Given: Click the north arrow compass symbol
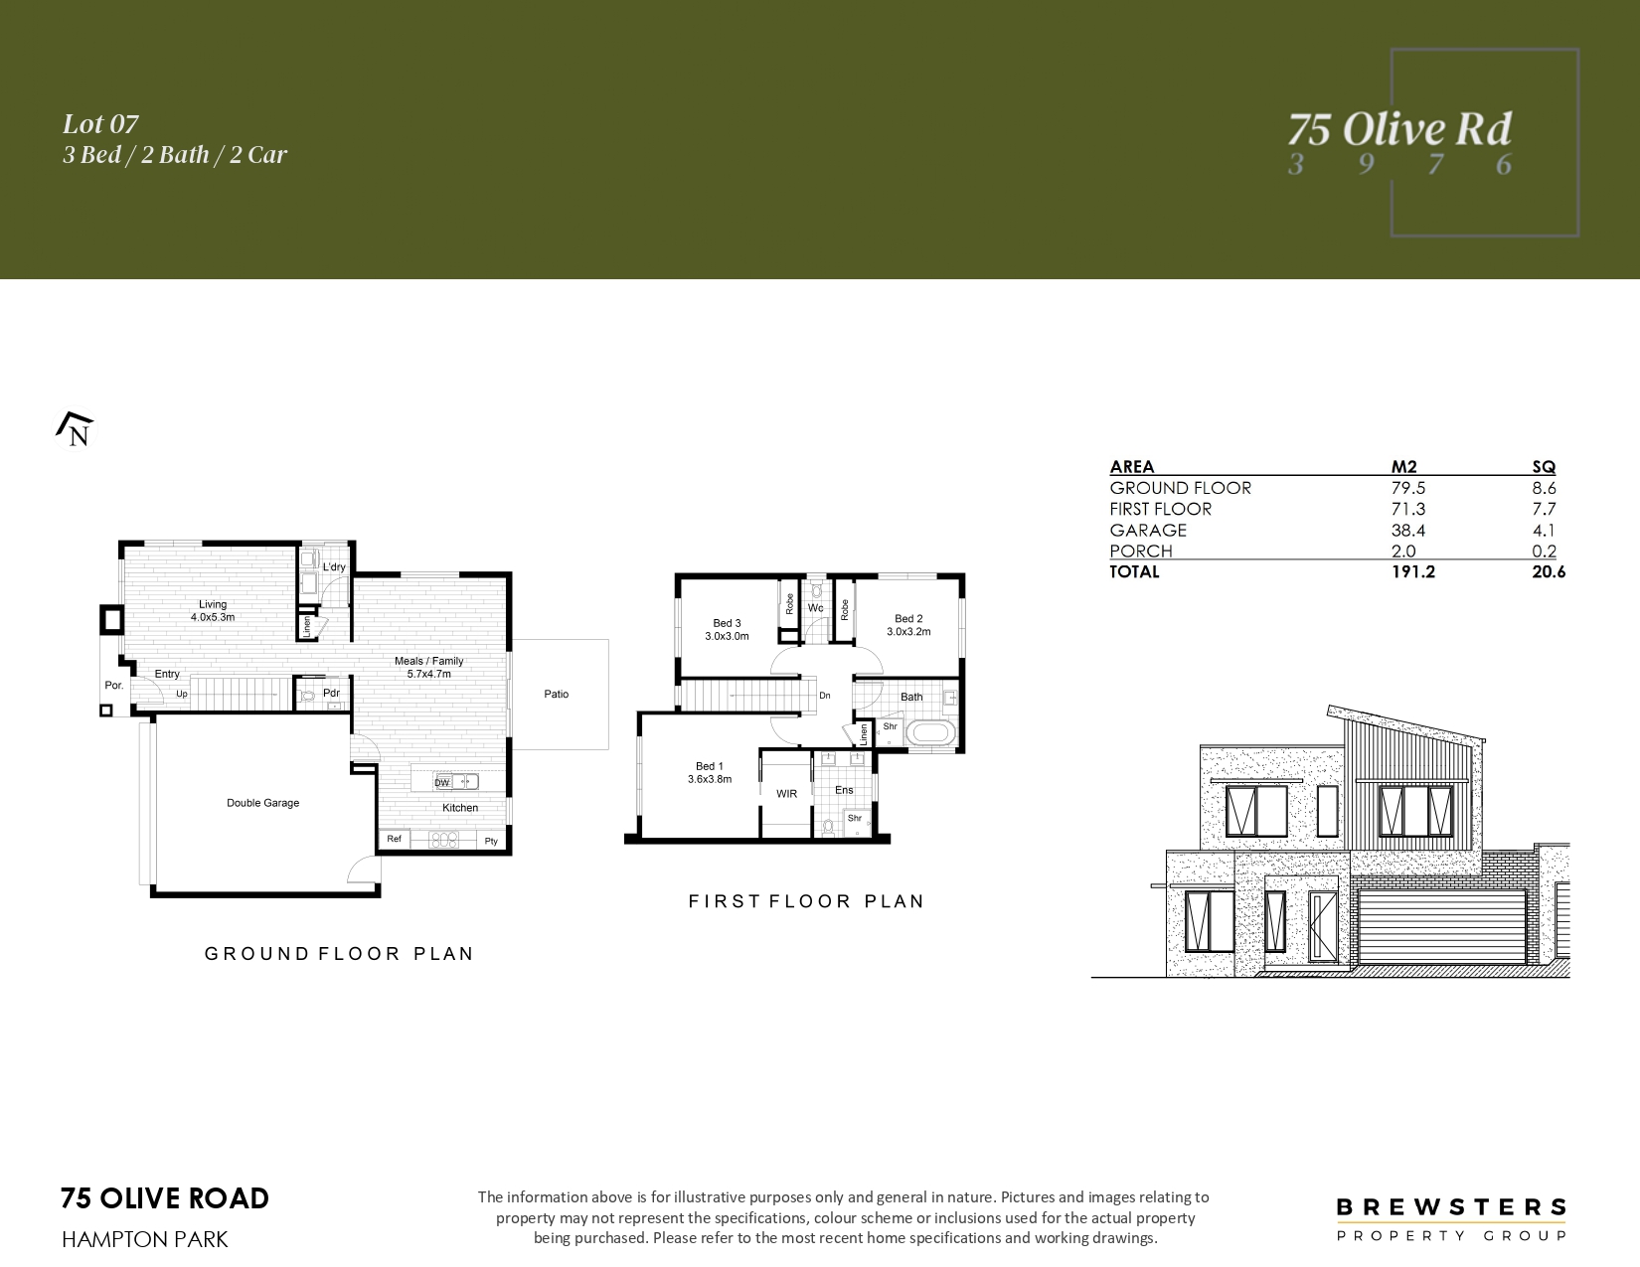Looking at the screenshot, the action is tap(76, 428).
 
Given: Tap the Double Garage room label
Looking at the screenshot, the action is tap(262, 803).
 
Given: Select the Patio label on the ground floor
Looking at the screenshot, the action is tap(557, 695).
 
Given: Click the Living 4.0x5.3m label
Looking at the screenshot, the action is tap(213, 610).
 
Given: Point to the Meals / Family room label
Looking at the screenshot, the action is tap(428, 667).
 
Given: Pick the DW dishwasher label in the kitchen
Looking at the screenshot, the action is tap(442, 782).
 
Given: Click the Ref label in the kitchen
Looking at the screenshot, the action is tap(394, 839).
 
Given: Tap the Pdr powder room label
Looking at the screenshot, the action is tap(331, 693).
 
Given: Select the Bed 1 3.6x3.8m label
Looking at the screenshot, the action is tap(710, 773).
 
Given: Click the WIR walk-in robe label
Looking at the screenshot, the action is tap(787, 794).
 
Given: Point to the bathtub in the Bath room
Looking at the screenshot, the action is tap(929, 732).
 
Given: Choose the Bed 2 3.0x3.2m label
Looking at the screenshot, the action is tap(908, 625).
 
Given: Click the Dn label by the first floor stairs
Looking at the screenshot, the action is tap(825, 696).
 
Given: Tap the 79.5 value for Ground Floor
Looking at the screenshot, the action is tap(1408, 488).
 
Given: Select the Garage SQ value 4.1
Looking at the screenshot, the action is tap(1545, 531).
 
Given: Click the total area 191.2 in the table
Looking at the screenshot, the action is tap(1413, 572).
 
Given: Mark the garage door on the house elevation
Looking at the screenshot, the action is tap(1441, 927).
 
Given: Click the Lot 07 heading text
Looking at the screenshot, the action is tap(100, 124).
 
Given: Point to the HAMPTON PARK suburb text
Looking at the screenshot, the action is tap(144, 1240).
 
